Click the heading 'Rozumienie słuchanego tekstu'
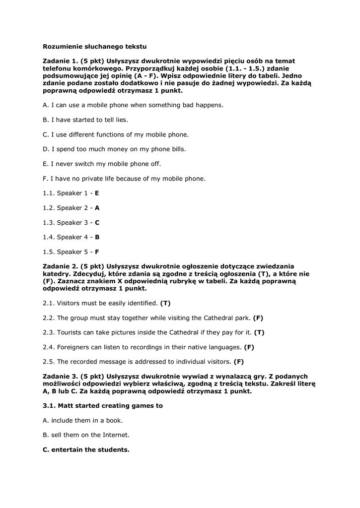pos(95,46)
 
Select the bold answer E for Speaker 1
pos(97,193)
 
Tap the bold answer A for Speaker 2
pos(97,208)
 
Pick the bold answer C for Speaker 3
pos(97,222)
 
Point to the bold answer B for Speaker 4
pos(97,237)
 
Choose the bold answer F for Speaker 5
pos(97,252)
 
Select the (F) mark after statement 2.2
pos(258,317)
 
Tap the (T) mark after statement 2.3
pos(259,332)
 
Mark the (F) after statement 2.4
pos(249,347)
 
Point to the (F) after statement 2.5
pos(238,362)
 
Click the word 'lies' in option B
pos(121,120)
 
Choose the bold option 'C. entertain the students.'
pos(86,450)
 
